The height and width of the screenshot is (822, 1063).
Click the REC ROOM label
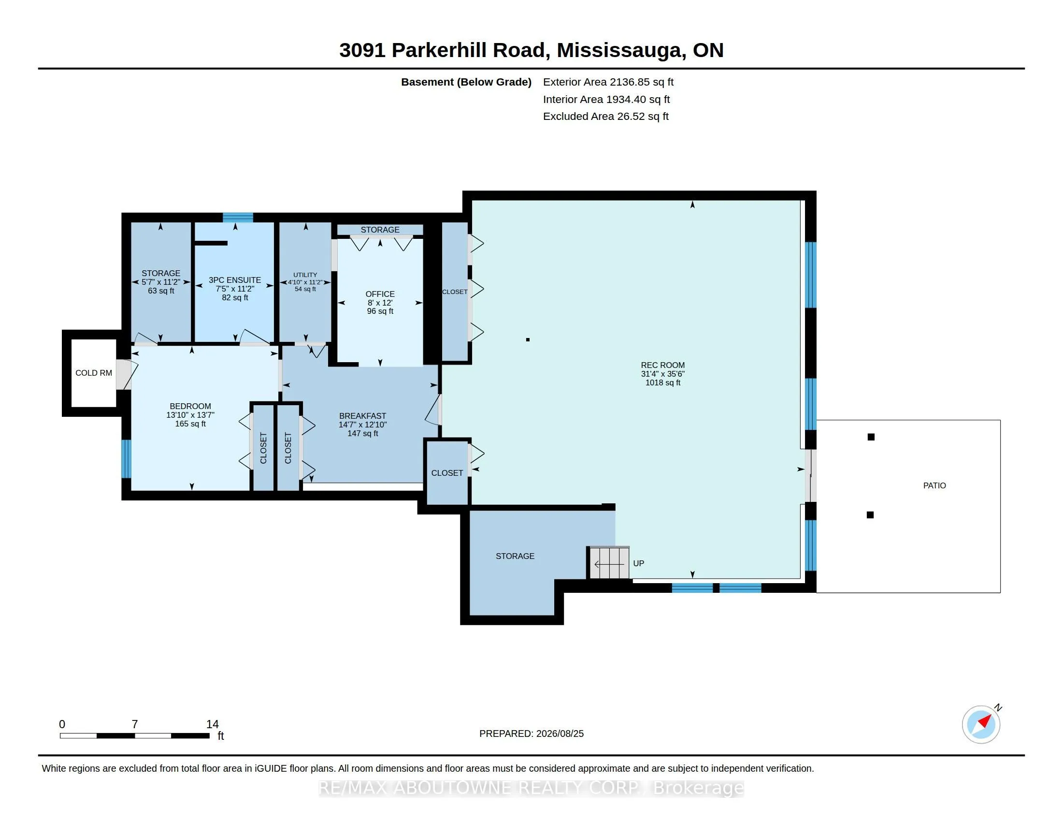662,365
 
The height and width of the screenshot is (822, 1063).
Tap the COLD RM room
93,373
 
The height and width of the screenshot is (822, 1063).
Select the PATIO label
934,485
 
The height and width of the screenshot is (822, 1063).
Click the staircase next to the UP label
609,563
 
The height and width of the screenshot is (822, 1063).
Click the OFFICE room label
380,294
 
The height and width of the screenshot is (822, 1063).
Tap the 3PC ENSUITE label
235,280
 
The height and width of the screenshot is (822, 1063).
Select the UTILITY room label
305,275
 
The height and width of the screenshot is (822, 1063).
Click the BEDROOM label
190,406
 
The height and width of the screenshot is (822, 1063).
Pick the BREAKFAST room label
362,416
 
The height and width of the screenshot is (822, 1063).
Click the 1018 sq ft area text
662,383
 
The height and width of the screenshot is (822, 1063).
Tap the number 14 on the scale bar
212,724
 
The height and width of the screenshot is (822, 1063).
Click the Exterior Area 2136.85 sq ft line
608,82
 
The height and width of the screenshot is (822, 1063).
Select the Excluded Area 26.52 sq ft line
606,117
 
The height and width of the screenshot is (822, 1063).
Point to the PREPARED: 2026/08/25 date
531,734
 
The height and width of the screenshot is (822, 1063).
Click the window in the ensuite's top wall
238,217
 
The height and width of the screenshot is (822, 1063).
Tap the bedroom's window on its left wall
126,459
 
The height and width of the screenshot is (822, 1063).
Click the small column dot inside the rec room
528,339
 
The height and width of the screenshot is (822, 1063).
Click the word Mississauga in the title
618,50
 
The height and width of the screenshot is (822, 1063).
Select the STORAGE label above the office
380,230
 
